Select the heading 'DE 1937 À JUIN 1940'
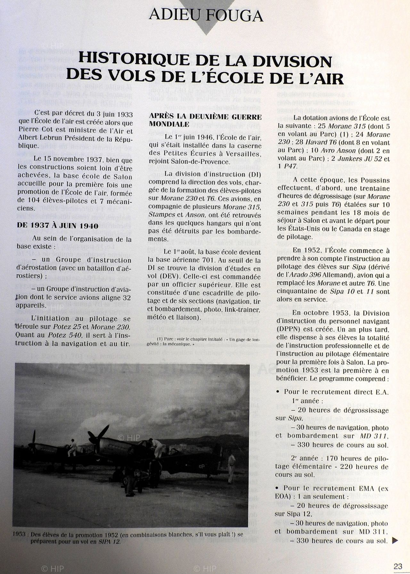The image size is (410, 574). [x=58, y=225]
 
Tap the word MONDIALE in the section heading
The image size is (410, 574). [x=169, y=124]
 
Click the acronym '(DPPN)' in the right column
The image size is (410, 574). [x=288, y=329]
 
